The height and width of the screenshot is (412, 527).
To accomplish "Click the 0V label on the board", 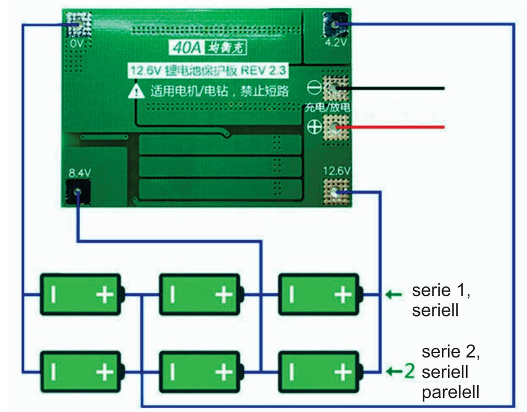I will tap(76, 42).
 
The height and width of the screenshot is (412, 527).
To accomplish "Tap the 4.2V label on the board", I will tap(335, 42).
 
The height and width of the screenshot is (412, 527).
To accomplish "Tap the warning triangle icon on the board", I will tap(136, 91).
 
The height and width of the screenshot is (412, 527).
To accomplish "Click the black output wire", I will tap(395, 88).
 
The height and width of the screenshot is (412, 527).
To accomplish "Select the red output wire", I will tap(395, 127).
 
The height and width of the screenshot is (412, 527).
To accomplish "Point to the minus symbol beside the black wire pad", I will tap(315, 87).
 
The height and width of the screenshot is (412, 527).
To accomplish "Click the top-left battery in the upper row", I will tap(81, 295).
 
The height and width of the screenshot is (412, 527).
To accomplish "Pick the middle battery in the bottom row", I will tap(199, 371).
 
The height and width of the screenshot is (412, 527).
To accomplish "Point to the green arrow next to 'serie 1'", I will tap(393, 295).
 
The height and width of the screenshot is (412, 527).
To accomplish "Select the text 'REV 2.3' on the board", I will tap(267, 70).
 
